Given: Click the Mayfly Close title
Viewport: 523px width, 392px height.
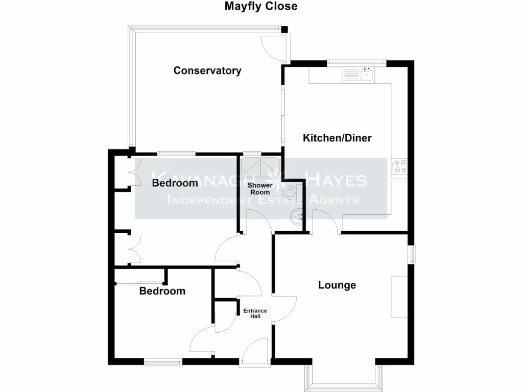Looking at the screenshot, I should coord(261,7).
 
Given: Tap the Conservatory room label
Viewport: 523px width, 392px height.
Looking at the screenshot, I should coord(207,70).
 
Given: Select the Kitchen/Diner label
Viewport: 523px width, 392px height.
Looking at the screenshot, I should coord(337,138).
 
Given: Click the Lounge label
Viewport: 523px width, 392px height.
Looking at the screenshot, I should coord(337,285).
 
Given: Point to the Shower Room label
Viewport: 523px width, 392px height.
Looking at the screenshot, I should coord(259,188).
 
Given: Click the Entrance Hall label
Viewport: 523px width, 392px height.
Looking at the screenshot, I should coord(255,313).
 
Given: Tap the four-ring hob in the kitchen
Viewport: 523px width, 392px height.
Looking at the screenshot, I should coord(398,167).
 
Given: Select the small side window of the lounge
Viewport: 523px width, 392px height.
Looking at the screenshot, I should coord(411,254).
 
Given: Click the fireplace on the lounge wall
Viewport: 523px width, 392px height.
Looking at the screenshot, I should coord(399,297).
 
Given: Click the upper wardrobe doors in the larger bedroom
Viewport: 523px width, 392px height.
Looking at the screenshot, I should coord(132,172).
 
